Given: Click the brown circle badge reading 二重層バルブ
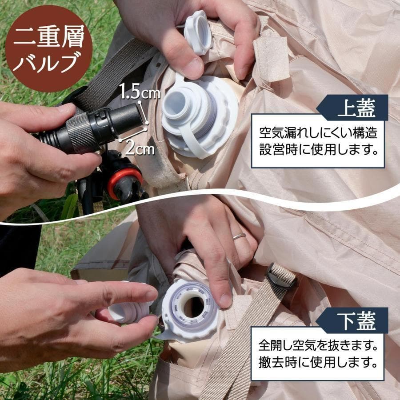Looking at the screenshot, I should click(x=48, y=48).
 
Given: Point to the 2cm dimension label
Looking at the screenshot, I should click(x=139, y=148).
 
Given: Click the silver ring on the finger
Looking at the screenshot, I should click(x=239, y=236).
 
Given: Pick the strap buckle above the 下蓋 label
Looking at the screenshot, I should click(x=281, y=276).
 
